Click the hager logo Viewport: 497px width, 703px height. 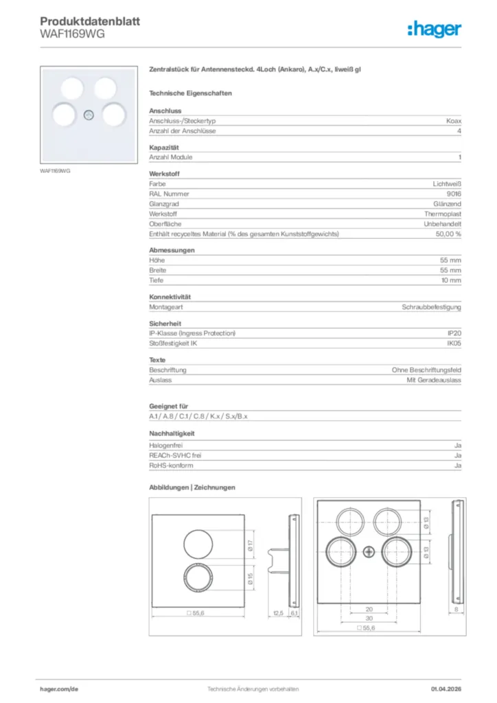(x=435, y=30)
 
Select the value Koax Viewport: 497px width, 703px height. (x=453, y=120)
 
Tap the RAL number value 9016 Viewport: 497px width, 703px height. (x=453, y=194)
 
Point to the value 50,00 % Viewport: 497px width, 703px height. (x=448, y=234)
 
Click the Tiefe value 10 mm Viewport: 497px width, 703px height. (x=450, y=281)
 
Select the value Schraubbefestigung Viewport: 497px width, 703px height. (x=431, y=307)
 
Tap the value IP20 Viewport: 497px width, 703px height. (x=454, y=333)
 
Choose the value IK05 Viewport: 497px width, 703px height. (x=454, y=343)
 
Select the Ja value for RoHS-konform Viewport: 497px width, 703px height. (x=457, y=465)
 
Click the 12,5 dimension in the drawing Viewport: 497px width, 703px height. (x=278, y=612)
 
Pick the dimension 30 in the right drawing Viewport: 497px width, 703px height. (x=369, y=618)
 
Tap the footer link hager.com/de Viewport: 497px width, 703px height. (x=60, y=689)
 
